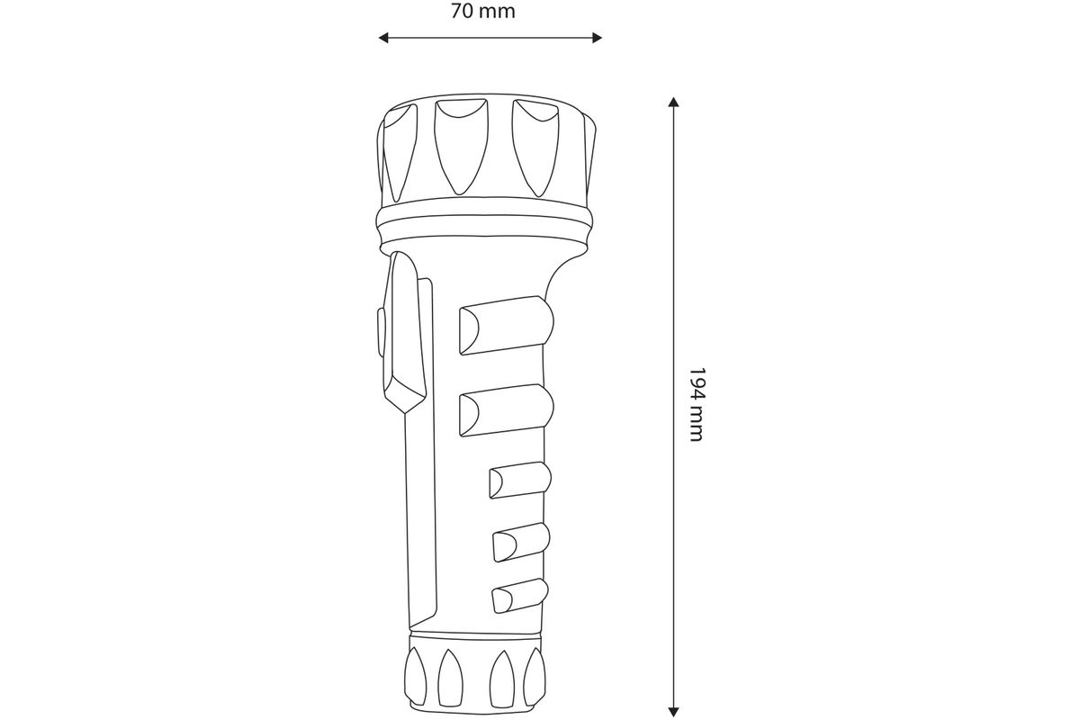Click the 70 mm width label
482,11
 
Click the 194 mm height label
697,405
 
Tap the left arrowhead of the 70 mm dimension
383,38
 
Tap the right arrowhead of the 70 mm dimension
597,38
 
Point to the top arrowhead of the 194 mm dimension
673,102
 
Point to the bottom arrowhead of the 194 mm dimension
673,711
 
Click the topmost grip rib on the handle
506,325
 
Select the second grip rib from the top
506,410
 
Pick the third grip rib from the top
520,481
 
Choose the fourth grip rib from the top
521,542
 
